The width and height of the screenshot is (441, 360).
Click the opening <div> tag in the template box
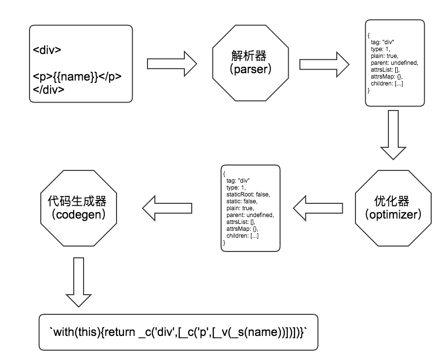tap(47, 50)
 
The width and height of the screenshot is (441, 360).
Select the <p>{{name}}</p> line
tap(77, 77)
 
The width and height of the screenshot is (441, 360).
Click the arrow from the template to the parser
tap(172, 64)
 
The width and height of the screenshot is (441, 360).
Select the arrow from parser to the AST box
tap(324, 64)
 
